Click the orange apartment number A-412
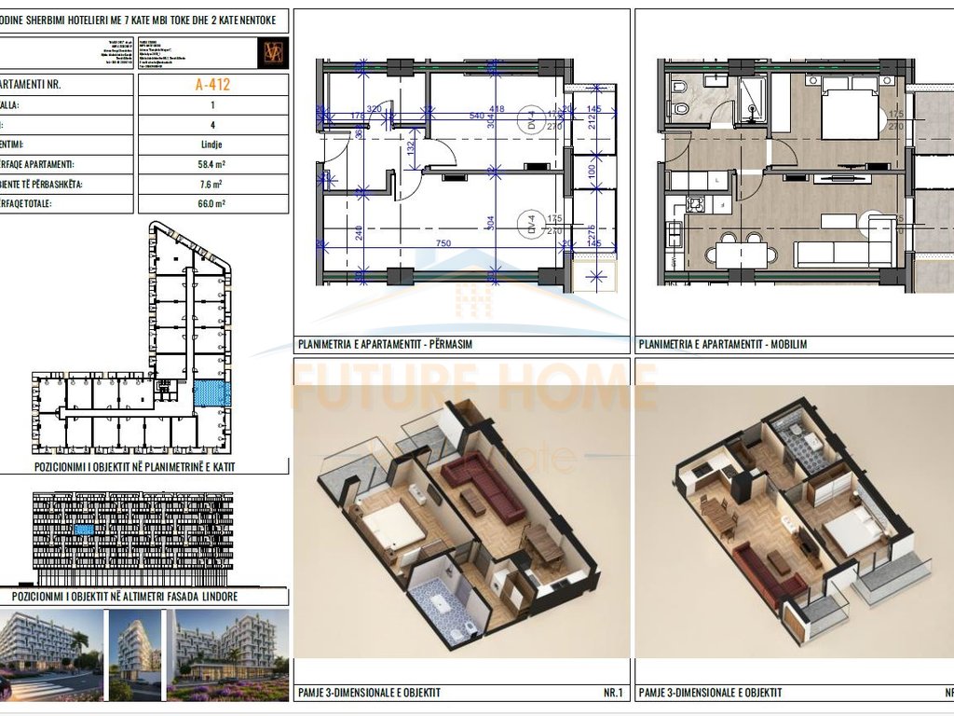point(213,84)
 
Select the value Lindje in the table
point(213,145)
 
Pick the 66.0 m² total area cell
point(213,203)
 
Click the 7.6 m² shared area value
point(213,184)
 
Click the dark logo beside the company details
point(274,52)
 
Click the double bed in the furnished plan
point(850,110)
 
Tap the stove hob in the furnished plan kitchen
point(694,203)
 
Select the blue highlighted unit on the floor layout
point(211,392)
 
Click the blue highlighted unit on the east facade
point(84,529)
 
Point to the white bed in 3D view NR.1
point(390,528)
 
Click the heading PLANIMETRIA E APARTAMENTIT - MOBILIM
point(723,345)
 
